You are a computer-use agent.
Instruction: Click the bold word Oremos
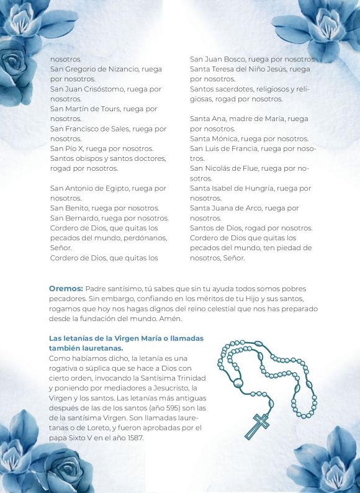(x=66, y=289)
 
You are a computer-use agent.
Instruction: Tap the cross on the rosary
(x=257, y=425)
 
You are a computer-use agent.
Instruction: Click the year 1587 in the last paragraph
(x=132, y=438)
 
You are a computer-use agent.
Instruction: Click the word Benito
(x=78, y=208)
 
